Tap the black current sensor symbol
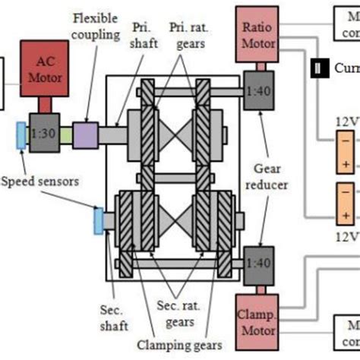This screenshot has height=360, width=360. (x=316, y=69)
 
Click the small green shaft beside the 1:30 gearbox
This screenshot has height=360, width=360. (x=65, y=133)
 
